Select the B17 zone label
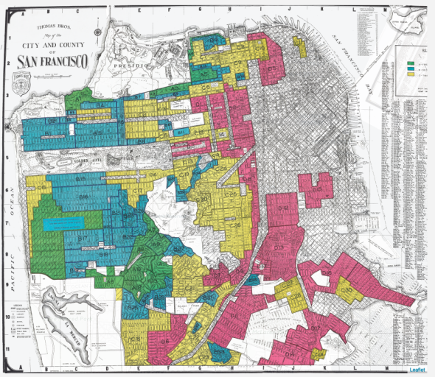tap(83, 239)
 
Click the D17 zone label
tap(313, 328)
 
